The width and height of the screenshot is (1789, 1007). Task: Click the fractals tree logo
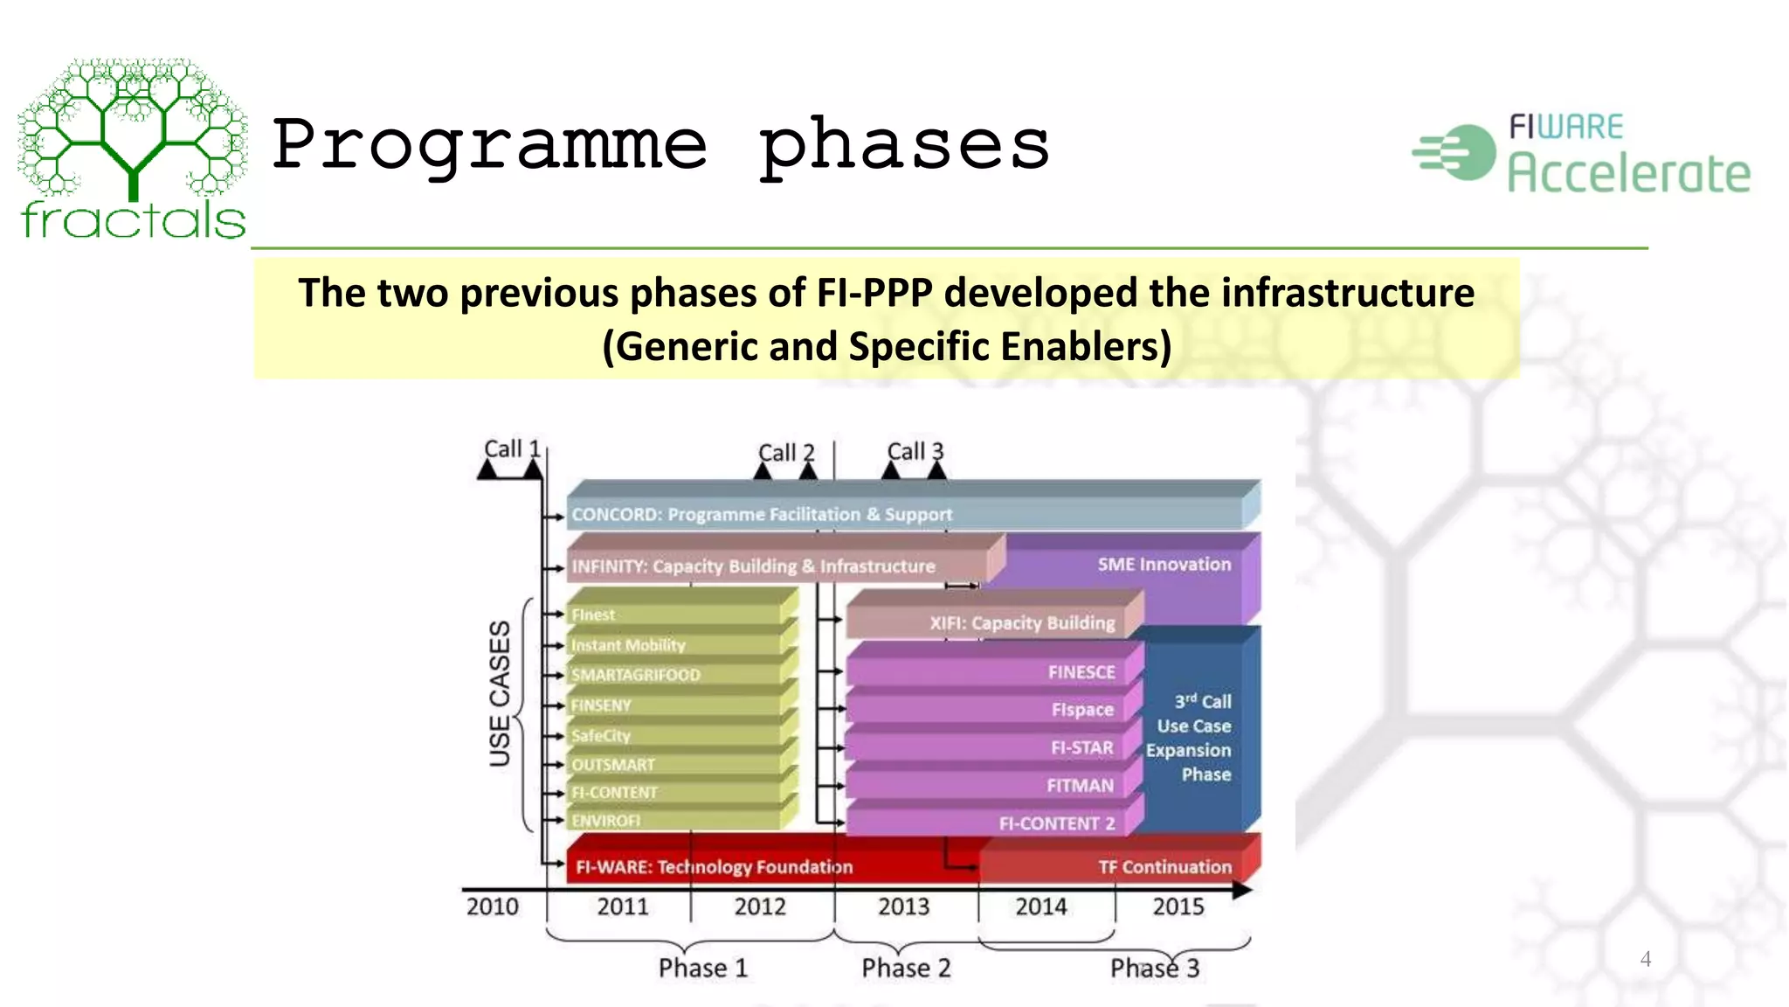(133, 149)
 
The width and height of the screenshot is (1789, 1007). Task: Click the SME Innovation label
(1164, 565)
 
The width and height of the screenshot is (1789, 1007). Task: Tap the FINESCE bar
(996, 672)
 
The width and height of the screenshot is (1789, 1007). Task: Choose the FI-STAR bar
(996, 748)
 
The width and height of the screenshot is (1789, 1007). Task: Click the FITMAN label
(1080, 786)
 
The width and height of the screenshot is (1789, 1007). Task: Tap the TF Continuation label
(1164, 867)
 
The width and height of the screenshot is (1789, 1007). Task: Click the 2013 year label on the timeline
(903, 906)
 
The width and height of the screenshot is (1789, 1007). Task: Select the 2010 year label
(492, 906)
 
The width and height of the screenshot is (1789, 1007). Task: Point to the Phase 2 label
(906, 969)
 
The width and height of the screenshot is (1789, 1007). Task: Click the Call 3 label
(915, 452)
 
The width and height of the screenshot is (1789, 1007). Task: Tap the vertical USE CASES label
(500, 693)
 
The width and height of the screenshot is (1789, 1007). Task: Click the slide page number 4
(1645, 959)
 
